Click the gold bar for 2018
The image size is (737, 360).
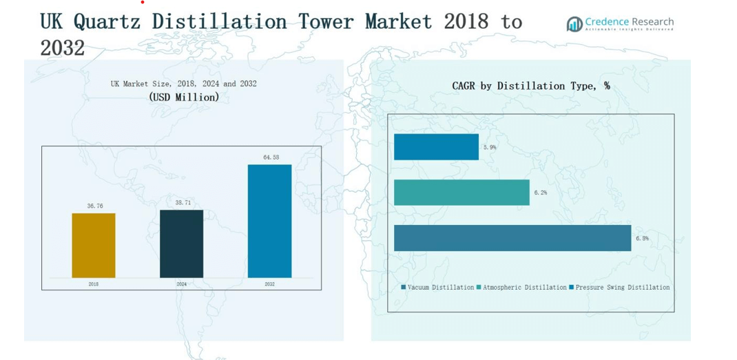pos(94,245)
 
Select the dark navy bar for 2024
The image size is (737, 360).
pos(181,244)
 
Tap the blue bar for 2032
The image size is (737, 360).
pos(269,221)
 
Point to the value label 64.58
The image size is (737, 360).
pos(271,158)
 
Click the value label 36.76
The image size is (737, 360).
pos(95,206)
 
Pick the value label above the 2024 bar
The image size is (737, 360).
pos(183,203)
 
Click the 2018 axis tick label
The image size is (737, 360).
pos(94,284)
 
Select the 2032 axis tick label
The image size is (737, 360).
pos(269,284)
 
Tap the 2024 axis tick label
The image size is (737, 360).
pos(181,284)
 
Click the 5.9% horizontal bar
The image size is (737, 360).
pos(436,147)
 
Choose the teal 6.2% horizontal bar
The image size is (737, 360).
pos(461,192)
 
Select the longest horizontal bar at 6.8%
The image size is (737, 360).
pos(512,237)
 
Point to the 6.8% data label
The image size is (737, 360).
pos(642,238)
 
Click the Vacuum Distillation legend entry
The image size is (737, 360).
pos(438,287)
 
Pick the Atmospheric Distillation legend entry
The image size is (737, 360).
pos(521,287)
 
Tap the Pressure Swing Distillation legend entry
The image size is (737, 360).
pos(619,287)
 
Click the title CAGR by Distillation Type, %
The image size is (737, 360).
pos(531,86)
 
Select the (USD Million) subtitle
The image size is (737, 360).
pos(184,97)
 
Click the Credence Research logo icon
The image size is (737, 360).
pos(574,25)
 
